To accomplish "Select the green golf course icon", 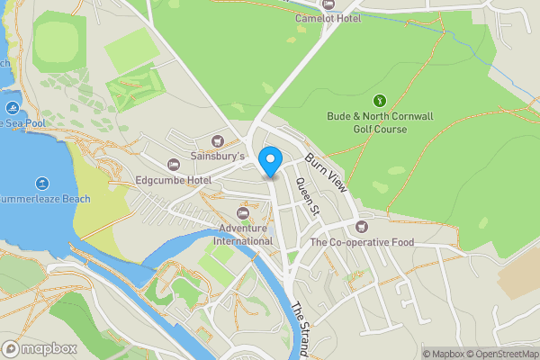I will [x=380, y=100].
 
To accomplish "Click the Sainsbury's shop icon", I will [x=217, y=140].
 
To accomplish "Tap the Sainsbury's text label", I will [x=218, y=157].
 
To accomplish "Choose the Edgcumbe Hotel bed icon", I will [x=174, y=165].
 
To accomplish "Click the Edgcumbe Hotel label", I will [x=173, y=181].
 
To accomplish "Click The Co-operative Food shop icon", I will [x=362, y=227].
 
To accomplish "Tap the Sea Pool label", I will [x=22, y=121].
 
